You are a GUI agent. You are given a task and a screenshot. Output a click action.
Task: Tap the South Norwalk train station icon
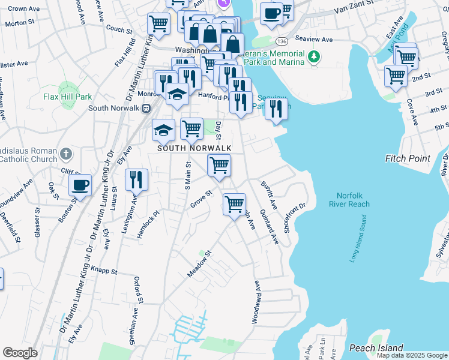145,108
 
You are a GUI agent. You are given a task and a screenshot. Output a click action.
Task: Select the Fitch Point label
408,158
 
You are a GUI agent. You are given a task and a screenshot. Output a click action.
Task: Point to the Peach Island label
376,348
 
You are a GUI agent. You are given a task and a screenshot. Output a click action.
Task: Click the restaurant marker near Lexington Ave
136,178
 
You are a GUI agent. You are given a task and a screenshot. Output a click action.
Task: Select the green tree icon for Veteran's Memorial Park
312,57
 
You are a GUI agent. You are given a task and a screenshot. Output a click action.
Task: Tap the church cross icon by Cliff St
66,154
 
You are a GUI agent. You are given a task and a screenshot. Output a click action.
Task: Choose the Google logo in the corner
20,353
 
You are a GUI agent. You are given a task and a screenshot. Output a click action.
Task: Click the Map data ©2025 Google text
412,355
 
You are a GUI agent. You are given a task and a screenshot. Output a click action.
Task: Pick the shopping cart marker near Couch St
158,23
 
